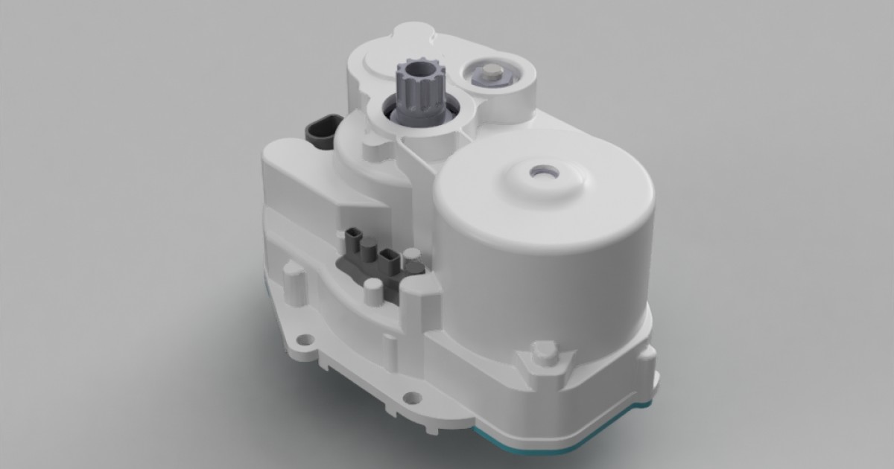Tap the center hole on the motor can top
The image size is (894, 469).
tap(542, 172)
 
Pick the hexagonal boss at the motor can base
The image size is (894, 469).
tap(542, 357)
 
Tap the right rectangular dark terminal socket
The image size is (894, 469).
tap(388, 258)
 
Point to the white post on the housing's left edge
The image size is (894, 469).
tap(293, 279)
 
